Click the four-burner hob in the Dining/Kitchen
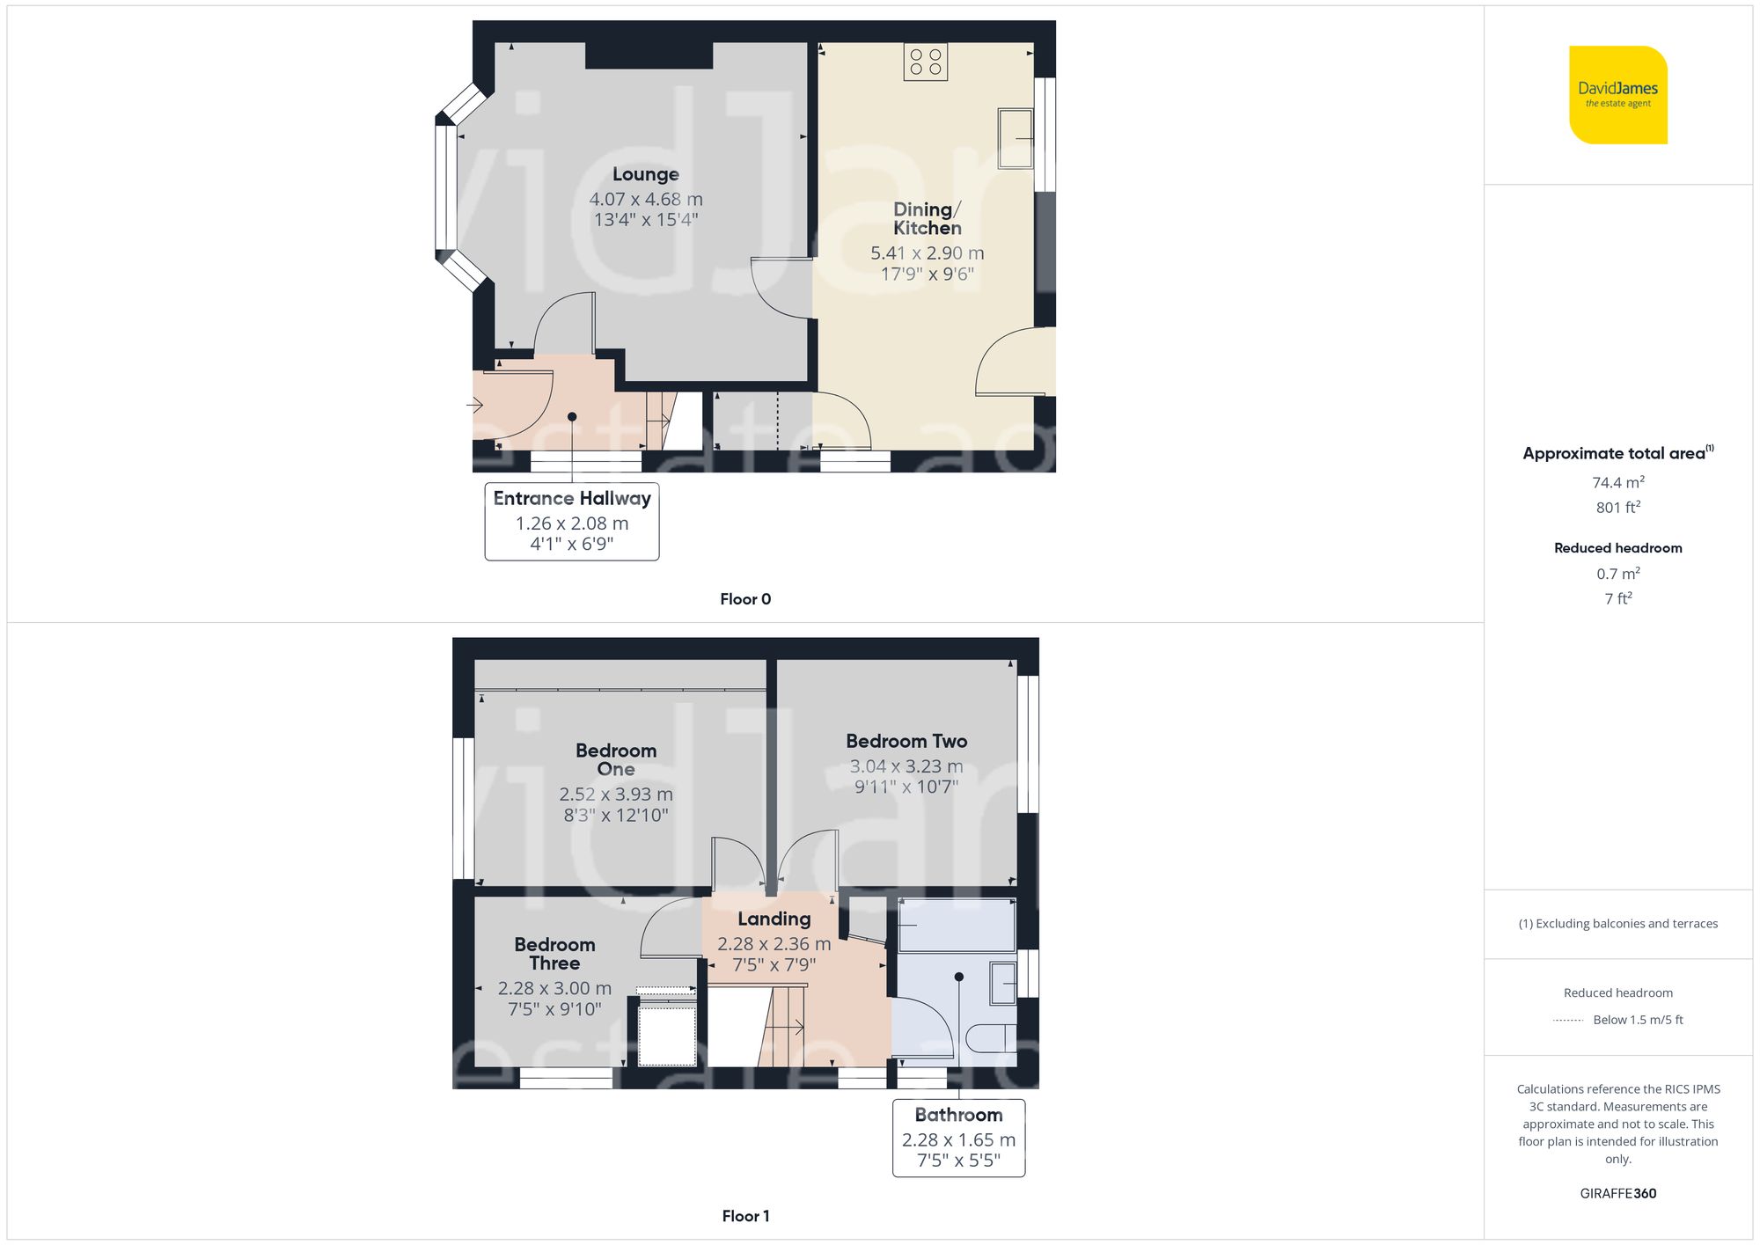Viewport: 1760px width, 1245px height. click(925, 62)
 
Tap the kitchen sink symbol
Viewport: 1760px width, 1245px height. click(1016, 138)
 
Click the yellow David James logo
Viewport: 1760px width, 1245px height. click(1617, 95)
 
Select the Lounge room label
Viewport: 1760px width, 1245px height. click(646, 174)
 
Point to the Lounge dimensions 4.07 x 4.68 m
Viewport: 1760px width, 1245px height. click(646, 200)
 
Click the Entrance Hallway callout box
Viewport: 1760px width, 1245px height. click(572, 521)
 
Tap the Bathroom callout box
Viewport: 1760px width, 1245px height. click(958, 1138)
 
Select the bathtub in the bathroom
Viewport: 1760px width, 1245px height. click(957, 925)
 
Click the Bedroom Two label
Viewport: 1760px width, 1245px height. click(906, 741)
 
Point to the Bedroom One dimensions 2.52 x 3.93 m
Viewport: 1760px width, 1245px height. click(616, 795)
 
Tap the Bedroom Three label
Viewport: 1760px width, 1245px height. click(554, 954)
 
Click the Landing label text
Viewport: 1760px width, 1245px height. click(774, 919)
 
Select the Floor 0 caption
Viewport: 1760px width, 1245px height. click(745, 599)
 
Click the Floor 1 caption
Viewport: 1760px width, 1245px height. click(745, 1216)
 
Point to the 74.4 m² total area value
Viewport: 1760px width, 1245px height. click(1617, 482)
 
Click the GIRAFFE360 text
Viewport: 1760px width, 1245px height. click(1617, 1193)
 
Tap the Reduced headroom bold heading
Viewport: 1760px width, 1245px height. click(1617, 547)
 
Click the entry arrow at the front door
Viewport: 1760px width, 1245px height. click(475, 405)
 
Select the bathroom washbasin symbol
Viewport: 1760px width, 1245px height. click(1003, 984)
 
